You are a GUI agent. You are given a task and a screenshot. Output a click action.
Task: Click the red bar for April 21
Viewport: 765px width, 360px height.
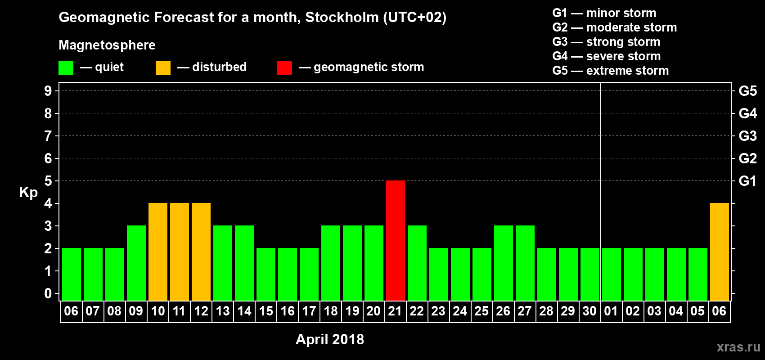396,240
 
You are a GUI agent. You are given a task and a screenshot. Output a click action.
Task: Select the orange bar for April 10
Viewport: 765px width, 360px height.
158,252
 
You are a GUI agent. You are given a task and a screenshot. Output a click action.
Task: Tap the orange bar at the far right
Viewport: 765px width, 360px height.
720,252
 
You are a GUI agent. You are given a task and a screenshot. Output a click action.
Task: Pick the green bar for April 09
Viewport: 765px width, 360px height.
136,263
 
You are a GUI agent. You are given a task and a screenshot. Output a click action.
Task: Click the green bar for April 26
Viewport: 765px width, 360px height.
504,263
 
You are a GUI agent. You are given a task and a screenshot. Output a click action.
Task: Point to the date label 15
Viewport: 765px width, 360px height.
266,311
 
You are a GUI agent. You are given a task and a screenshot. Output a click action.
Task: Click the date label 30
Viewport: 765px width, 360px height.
589,311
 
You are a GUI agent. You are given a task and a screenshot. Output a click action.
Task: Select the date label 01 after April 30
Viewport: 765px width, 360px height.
611,311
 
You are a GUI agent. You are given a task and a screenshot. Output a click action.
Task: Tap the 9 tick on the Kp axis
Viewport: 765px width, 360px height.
48,91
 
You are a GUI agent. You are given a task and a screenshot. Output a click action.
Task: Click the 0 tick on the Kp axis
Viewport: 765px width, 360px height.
48,293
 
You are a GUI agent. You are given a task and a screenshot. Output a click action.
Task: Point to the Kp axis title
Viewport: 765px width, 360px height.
28,192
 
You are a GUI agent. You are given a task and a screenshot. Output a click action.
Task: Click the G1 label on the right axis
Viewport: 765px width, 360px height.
747,181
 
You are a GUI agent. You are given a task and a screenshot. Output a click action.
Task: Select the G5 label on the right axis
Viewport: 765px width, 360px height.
747,91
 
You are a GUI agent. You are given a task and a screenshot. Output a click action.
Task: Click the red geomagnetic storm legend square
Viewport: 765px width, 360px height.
284,68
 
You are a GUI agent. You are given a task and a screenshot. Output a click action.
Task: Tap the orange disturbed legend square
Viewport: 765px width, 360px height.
163,68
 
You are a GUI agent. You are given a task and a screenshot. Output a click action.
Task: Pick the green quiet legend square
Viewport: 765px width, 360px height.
66,68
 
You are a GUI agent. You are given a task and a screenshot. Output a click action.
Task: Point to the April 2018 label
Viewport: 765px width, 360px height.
330,339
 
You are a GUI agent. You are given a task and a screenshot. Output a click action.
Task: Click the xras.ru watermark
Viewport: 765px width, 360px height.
738,347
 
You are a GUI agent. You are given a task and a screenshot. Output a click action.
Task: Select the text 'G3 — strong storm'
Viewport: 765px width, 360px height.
606,42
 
